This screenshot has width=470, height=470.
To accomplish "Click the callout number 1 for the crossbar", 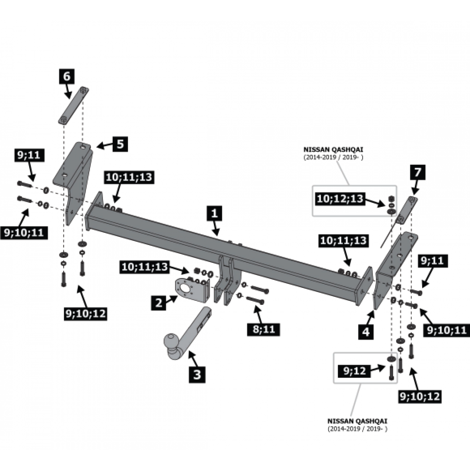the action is tap(214, 214).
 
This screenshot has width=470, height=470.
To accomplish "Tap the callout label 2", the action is tap(158, 303).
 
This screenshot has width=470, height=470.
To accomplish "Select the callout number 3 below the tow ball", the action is tap(197, 374).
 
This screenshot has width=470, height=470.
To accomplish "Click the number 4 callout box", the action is tap(366, 332).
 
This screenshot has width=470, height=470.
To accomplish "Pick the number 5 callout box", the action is tap(120, 144).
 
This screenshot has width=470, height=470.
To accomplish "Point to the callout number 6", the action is tap(67, 77).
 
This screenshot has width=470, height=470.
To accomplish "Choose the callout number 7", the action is tap(418, 172).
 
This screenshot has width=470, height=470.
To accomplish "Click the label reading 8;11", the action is tap(264, 329).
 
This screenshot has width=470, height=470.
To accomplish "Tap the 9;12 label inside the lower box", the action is tap(355, 371).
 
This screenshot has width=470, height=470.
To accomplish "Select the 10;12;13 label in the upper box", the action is tap(340, 199).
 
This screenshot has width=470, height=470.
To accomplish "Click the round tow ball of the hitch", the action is tap(171, 342).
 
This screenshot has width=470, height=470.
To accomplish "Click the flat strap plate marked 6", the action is tap(73, 105).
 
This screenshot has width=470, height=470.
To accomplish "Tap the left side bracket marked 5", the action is tap(74, 180).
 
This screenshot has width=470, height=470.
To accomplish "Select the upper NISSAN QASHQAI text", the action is tap(333, 149).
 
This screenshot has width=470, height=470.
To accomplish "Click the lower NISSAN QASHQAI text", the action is tap(357, 421).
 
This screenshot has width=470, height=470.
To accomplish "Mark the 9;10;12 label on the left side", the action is tap(86, 314).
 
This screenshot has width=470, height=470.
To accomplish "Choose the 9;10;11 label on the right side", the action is tap(447, 330).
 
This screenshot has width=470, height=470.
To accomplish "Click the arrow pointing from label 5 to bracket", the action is tap(104, 145).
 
